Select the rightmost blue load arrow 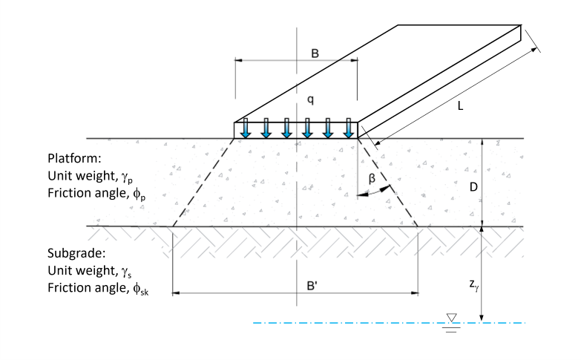click(x=348, y=129)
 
